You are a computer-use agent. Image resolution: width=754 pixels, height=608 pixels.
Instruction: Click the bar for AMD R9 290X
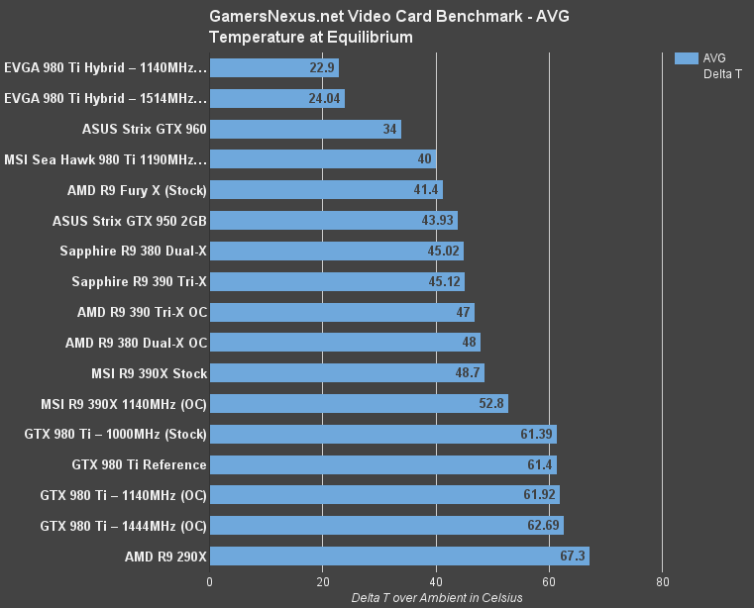coord(399,556)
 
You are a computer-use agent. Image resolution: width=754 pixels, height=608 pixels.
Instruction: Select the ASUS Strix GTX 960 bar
coord(305,129)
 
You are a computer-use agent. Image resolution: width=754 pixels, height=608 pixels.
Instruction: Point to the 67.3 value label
coord(573,556)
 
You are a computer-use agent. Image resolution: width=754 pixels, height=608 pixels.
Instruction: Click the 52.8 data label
coord(492,403)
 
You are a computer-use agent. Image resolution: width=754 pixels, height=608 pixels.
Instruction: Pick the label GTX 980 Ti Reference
coord(139,464)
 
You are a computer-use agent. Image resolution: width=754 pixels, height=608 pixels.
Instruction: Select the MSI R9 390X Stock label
coord(149,373)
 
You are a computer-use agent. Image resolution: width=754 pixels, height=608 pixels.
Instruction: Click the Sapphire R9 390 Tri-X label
coord(139,282)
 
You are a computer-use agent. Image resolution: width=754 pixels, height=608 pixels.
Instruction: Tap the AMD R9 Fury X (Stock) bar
coord(326,190)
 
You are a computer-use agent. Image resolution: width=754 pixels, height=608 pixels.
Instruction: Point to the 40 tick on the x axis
coord(436,581)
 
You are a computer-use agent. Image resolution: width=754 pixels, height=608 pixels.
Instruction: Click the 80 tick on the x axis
coord(663,581)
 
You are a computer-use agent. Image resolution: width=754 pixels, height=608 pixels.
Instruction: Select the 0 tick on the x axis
coord(210,581)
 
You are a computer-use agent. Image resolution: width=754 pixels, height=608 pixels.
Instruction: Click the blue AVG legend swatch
coord(687,58)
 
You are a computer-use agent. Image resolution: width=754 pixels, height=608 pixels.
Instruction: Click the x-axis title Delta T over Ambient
coord(436,597)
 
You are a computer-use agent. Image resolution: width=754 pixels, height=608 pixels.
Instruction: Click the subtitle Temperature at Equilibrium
coord(311,37)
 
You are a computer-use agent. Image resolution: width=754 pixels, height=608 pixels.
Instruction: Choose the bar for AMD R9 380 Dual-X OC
coord(345,343)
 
